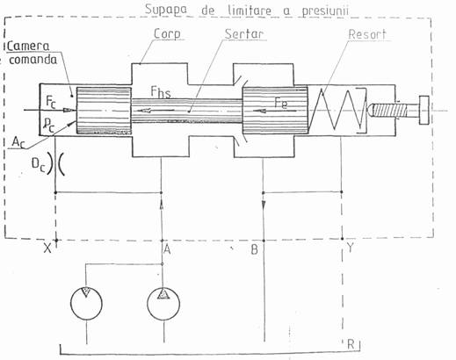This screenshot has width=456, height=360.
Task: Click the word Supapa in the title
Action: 166,10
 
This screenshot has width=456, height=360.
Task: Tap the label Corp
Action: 167,34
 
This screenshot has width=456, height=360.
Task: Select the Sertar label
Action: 244,34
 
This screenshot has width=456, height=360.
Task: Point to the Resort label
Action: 367,34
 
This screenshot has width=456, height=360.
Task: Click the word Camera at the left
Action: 28,47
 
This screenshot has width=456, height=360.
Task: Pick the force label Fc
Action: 51,102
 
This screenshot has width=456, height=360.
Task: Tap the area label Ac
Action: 18,142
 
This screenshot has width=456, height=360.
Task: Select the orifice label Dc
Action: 39,165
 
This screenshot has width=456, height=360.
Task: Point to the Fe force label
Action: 281,104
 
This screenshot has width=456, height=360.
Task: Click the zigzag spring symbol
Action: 336,109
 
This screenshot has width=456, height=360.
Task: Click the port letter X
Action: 47,248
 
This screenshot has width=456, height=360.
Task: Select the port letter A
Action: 167,249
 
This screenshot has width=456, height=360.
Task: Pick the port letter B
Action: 254,249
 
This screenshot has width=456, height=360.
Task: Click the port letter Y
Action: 350,248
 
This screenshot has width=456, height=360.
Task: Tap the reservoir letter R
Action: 351,344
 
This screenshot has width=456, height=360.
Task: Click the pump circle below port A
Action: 163,304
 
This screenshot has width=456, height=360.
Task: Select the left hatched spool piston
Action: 104,111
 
